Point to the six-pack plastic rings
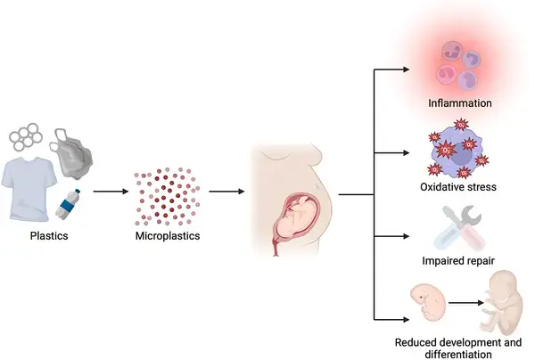point(25,137)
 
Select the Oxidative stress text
point(457,187)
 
